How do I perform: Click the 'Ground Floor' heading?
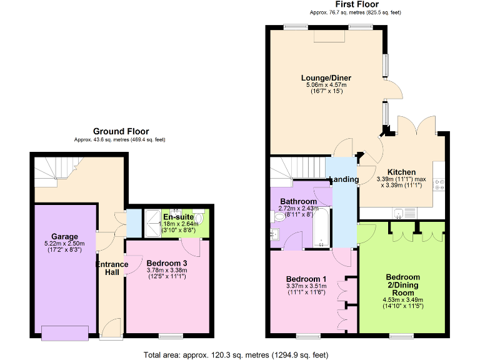[121, 131]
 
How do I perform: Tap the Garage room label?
[64, 237]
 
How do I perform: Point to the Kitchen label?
[401, 172]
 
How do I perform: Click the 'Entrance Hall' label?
[112, 269]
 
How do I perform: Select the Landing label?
[343, 179]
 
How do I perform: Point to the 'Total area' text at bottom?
[236, 355]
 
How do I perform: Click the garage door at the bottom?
[64, 333]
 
